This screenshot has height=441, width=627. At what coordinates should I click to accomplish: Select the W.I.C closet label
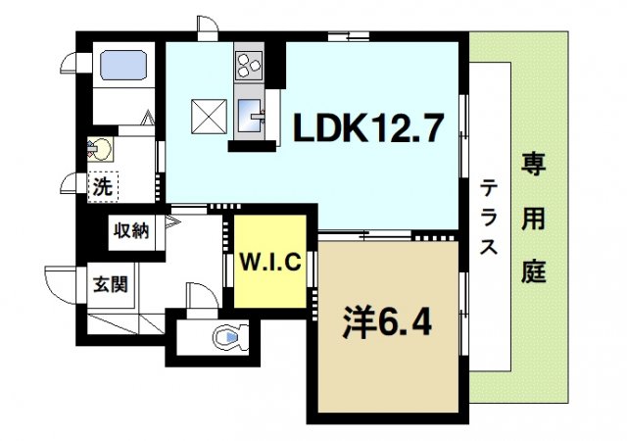[x=270, y=262]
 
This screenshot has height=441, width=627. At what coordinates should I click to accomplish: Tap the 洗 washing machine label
[x=101, y=183]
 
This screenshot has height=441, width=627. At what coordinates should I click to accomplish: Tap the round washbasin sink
[x=101, y=150]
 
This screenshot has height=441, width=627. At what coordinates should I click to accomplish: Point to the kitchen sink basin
[x=249, y=115]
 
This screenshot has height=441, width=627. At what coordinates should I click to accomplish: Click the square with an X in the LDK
[x=208, y=117]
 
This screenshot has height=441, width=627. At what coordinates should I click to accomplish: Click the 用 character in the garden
[x=533, y=220]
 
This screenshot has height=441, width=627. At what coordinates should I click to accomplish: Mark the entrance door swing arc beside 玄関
[x=59, y=284]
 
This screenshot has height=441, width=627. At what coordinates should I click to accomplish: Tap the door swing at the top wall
[x=207, y=25]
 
